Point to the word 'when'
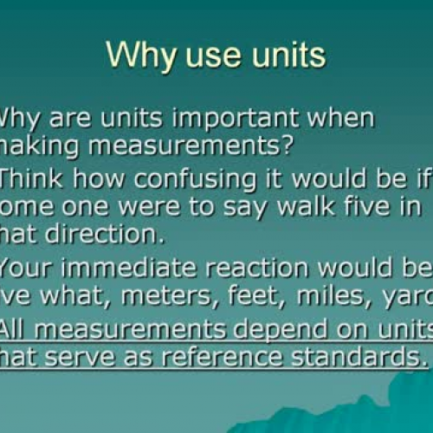click(x=342, y=119)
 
